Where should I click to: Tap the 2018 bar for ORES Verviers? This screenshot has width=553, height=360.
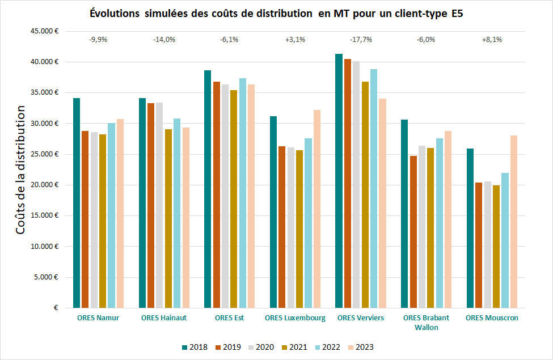coord(339,181)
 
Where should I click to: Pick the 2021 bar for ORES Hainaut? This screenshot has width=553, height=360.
coord(168,219)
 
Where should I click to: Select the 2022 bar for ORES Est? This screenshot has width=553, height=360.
coord(242,193)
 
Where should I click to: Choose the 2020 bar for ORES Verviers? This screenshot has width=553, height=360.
coord(356,184)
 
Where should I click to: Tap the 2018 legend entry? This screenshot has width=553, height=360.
coord(195,347)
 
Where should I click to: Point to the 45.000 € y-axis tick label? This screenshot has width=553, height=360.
coord(46,31)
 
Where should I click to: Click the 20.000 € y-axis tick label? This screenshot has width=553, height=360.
coord(46,185)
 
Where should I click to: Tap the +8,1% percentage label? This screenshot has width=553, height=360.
coord(492,40)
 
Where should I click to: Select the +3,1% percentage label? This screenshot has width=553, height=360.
coord(295,40)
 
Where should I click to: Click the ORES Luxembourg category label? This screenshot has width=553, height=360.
coord(295,318)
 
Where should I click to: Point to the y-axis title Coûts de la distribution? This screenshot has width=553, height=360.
coord(21,170)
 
